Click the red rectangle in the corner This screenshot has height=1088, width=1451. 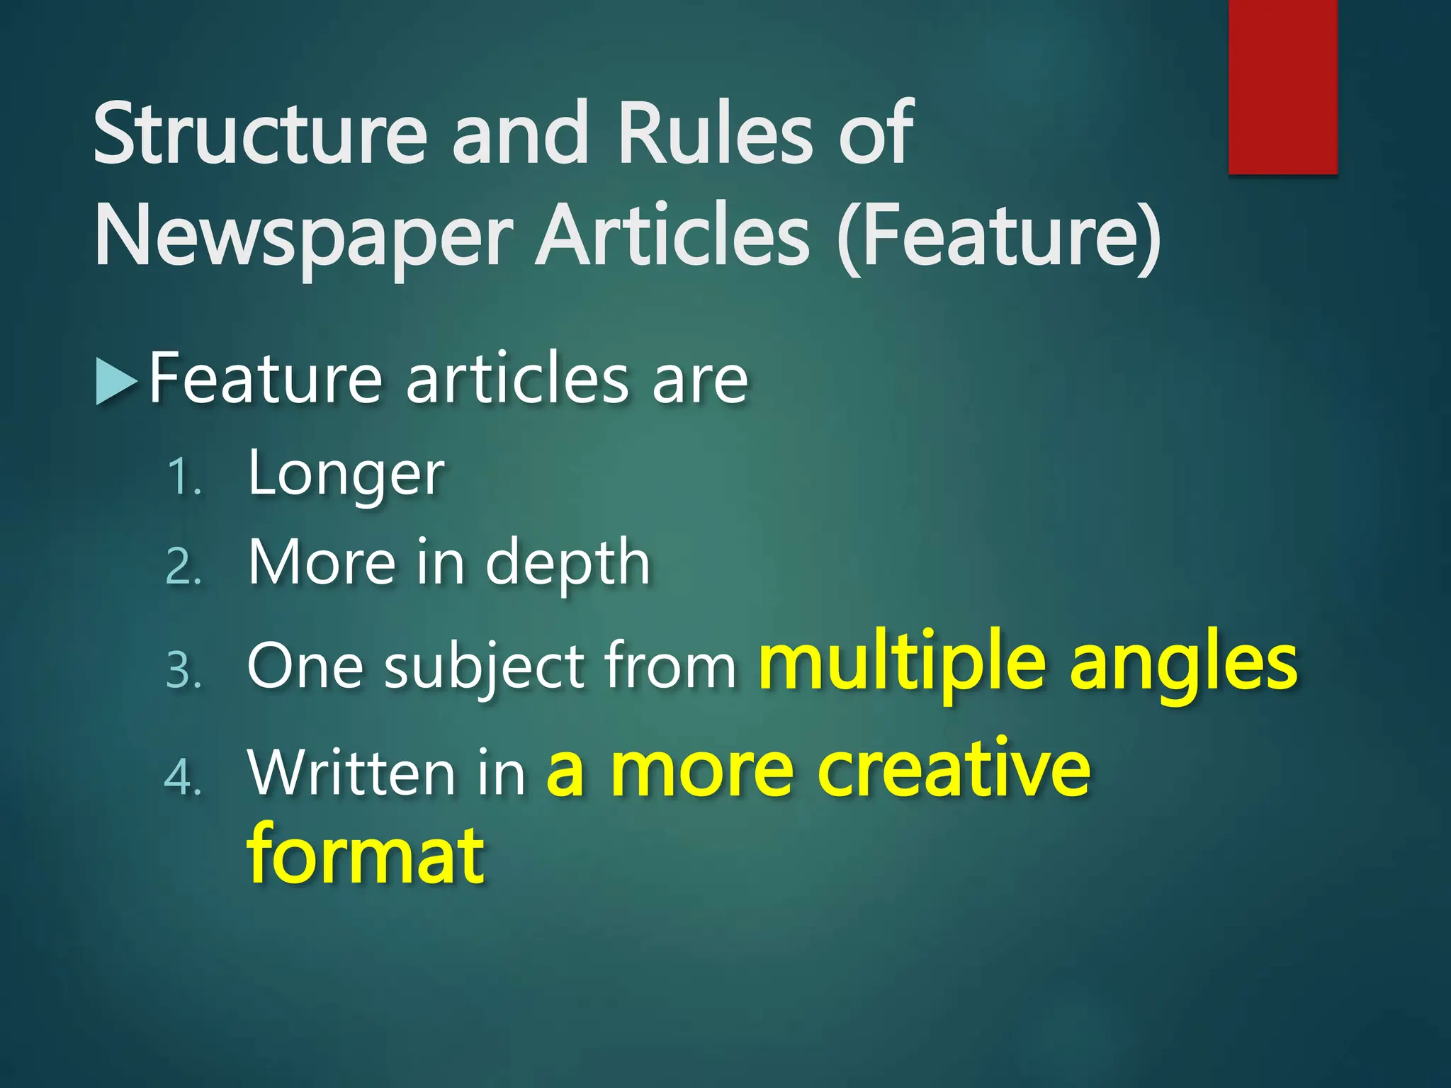click(1282, 86)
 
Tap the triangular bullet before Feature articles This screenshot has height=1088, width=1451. click(115, 382)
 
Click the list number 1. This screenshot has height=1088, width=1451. click(184, 477)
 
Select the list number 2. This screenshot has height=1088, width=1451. click(184, 567)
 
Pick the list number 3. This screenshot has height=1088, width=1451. click(184, 670)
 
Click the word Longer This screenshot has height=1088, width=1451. click(346, 475)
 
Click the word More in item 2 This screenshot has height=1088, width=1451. click(322, 563)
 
